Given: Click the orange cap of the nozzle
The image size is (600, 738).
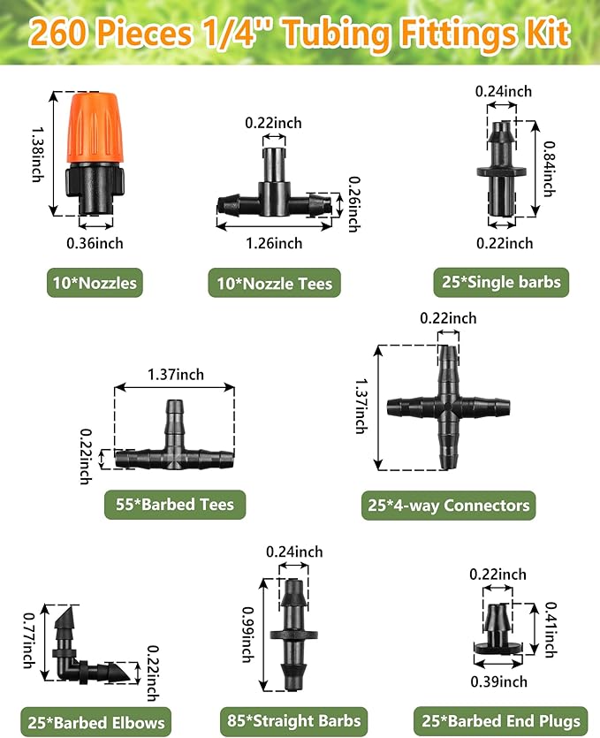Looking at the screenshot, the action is [96, 127].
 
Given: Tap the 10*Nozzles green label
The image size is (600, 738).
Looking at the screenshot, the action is [95, 283].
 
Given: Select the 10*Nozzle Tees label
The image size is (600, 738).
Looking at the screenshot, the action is [274, 283].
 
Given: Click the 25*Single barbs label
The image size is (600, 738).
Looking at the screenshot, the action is [501, 282].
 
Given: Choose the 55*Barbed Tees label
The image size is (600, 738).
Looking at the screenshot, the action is [175, 505].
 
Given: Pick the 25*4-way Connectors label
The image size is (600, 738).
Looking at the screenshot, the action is [449, 505].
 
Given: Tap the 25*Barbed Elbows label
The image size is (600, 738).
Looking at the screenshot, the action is [96, 722].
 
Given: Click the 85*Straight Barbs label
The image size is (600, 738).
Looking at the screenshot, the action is [294, 720].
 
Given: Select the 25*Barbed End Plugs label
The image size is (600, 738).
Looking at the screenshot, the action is [501, 720].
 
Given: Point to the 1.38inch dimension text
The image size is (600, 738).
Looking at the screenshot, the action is [38, 154].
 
